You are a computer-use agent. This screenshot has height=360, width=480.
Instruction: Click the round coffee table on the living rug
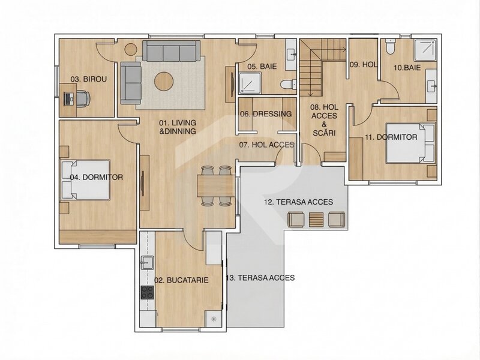tap(164, 81)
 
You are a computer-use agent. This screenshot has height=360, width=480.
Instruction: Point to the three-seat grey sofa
tap(172, 51)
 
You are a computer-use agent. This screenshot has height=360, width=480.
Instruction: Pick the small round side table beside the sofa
tap(131, 49)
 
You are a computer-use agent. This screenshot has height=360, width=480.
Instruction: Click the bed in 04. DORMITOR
tap(85, 180)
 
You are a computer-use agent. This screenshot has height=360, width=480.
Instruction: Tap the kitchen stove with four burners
tap(147, 292)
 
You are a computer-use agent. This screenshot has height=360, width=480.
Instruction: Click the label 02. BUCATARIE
tap(181, 280)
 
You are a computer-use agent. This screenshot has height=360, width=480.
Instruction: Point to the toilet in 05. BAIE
tap(289, 84)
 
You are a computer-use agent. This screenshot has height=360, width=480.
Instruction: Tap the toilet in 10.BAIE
tap(391, 47)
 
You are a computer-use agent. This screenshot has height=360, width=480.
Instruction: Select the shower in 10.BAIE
tap(425, 50)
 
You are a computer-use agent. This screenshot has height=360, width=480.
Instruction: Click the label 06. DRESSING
tap(266, 114)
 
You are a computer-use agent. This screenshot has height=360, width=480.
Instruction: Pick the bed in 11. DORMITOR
tap(410, 143)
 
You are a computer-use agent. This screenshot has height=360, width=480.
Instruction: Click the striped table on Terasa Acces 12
tap(316, 220)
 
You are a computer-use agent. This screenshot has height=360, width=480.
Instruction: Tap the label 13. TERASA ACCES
tap(260, 278)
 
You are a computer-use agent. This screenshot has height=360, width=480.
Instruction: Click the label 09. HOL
tap(363, 65)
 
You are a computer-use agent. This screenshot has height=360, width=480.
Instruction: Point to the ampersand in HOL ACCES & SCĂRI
tap(324, 124)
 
